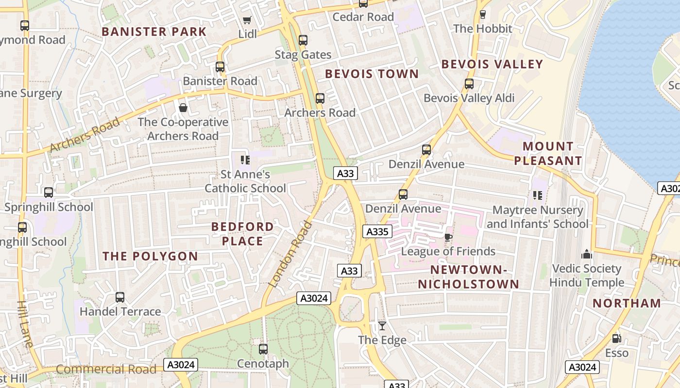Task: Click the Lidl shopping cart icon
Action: tap(247, 20)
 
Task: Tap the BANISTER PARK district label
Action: tap(154, 32)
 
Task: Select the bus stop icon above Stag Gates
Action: tap(303, 40)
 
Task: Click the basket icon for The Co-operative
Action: tap(183, 108)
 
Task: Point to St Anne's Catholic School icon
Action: tap(245, 160)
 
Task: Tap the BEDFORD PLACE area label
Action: tap(242, 234)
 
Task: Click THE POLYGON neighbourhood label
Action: tap(150, 256)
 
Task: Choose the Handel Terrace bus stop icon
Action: tap(120, 297)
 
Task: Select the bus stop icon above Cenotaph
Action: tap(263, 349)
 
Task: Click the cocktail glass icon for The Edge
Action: tap(382, 326)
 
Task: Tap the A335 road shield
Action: tap(377, 232)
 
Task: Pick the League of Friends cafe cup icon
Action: tap(448, 237)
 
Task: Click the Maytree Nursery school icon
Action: tap(537, 195)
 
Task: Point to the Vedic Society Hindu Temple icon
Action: tap(587, 255)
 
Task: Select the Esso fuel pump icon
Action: tap(616, 339)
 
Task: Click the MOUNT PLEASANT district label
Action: tap(548, 153)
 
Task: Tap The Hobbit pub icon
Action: tap(482, 14)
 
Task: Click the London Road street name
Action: tap(290, 254)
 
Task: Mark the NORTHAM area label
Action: tap(627, 303)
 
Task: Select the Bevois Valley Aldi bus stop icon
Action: tap(469, 84)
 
